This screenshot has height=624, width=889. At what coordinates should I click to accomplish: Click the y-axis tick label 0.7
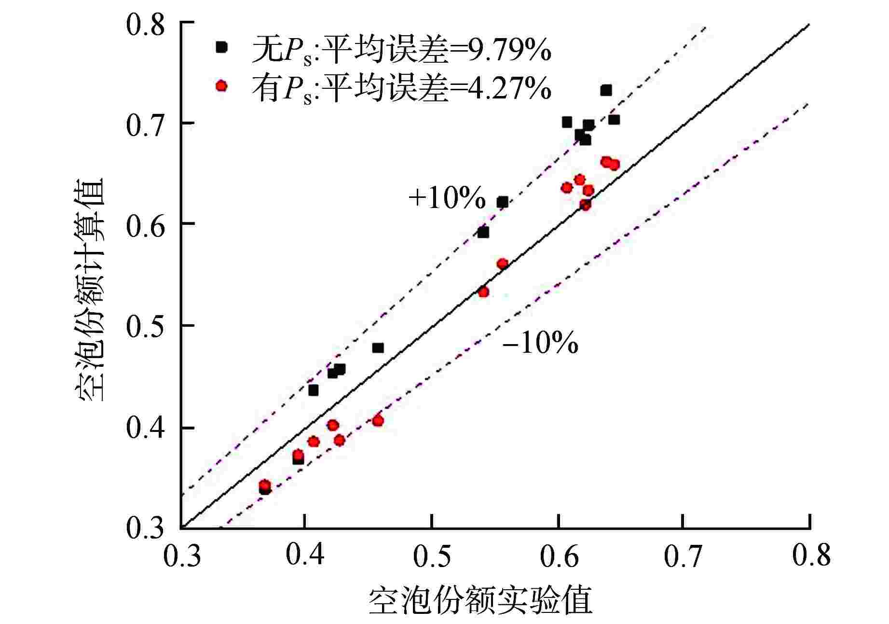pos(146,125)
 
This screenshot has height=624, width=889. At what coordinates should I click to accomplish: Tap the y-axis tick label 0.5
pos(146,326)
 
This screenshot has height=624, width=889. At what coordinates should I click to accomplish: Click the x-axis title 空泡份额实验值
pos(480,598)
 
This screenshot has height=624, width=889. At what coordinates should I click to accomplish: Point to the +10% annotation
pos(447,198)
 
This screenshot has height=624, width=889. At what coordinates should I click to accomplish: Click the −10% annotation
pos(540,344)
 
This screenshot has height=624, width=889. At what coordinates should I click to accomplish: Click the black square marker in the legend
pos(221,47)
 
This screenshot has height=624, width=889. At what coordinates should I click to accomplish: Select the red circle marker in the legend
pos(221,86)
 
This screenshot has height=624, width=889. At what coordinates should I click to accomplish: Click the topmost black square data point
pos(606,90)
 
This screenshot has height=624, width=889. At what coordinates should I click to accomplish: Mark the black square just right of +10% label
pos(503,202)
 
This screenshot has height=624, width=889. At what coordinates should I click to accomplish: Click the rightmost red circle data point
pos(614,165)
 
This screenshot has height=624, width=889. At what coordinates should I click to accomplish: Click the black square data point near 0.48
pos(378,348)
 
